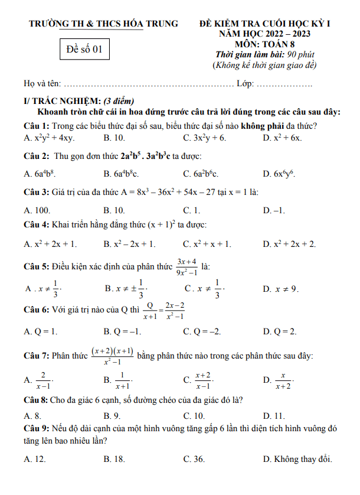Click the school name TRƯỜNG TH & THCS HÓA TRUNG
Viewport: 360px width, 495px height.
click(104, 24)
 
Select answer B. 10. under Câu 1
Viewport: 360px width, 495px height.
click(114, 138)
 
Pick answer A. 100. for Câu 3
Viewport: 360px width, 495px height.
click(37, 210)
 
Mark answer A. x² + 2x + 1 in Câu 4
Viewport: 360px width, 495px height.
click(50, 244)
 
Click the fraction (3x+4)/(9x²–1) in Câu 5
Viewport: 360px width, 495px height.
click(188, 267)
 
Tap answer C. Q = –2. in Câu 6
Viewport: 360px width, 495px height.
click(202, 332)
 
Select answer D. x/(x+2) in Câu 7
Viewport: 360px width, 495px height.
click(278, 380)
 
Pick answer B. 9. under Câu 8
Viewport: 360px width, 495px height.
click(112, 415)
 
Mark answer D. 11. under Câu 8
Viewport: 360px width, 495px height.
click(274, 415)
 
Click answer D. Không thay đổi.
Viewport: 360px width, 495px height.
click(297, 458)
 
